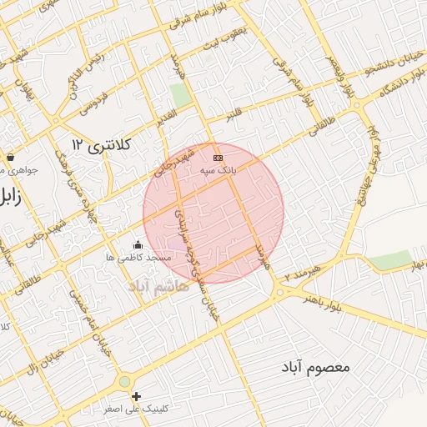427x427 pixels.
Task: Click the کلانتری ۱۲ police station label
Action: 103,145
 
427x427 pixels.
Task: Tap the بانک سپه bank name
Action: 218,169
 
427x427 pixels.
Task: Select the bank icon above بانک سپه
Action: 218,157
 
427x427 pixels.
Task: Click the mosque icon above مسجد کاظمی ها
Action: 138,244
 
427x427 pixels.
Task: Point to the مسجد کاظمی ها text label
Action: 138,258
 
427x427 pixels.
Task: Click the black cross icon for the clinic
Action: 136,396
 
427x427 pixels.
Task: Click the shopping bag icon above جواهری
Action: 10,156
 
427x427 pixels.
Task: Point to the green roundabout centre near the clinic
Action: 124,381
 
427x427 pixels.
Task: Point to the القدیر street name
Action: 166,116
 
